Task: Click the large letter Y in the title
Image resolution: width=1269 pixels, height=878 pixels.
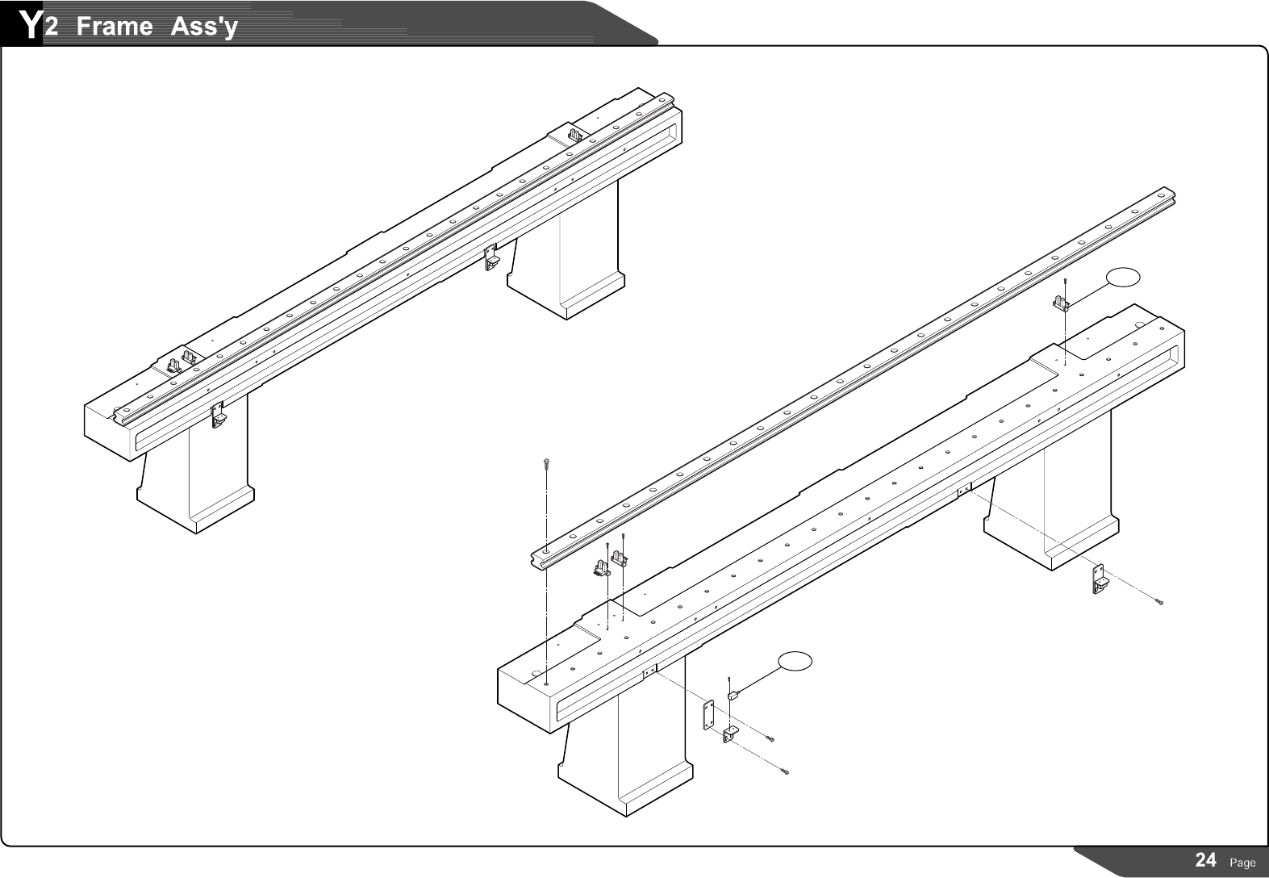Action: point(30,25)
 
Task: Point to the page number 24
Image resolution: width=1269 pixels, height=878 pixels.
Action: point(1205,860)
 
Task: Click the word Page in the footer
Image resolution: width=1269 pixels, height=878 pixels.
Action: point(1242,863)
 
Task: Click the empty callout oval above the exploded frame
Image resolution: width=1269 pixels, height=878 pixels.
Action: point(1123,277)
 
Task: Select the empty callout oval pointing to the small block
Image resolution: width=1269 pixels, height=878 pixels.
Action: point(795,661)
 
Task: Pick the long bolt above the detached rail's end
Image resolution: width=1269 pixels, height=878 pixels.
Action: point(547,465)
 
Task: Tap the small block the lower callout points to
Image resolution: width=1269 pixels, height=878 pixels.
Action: point(733,694)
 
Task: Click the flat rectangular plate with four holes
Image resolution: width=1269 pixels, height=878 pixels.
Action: point(709,714)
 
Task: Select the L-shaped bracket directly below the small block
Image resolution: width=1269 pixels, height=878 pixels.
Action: point(731,735)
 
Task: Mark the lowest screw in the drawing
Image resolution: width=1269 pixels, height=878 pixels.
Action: point(786,773)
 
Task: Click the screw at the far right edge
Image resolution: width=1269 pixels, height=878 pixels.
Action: point(1160,603)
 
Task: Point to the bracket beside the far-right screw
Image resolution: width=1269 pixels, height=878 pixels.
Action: point(1099,579)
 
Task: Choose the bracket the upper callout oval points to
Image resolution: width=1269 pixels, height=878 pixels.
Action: point(1062,304)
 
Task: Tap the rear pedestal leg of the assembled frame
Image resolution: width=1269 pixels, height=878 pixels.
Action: point(565,266)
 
